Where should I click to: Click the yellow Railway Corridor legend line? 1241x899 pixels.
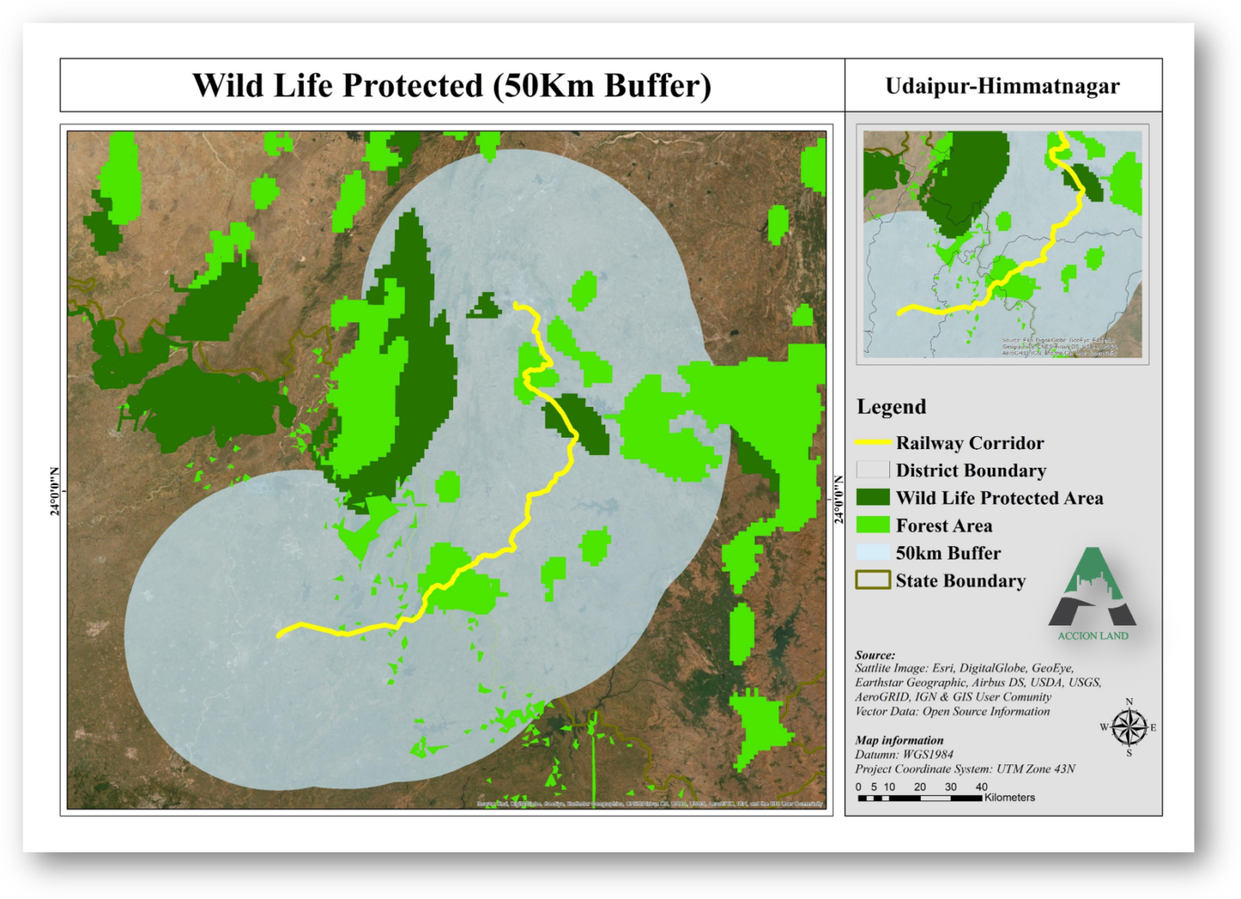pos(872,443)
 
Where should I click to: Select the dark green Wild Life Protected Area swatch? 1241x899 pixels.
pos(872,497)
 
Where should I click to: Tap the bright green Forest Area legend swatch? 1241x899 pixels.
pos(872,525)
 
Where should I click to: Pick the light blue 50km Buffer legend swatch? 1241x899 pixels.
pos(872,553)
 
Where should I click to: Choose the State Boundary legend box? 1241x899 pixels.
pos(872,581)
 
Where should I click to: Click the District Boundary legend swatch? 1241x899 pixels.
pos(872,470)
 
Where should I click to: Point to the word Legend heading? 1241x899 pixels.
pos(891,407)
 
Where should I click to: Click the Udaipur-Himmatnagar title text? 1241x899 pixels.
pos(1003,86)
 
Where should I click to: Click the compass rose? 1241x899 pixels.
pos(1128,727)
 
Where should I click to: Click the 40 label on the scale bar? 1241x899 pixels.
pos(981,787)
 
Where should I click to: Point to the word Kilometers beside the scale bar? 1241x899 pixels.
pos(1010,798)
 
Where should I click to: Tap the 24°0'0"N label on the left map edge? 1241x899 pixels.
pos(55,491)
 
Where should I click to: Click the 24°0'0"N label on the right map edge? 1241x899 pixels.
pos(839,500)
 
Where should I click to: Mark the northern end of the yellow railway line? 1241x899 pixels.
pos(517,306)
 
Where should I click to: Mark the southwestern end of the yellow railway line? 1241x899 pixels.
pos(279,634)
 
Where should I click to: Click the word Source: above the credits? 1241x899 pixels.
pos(874,655)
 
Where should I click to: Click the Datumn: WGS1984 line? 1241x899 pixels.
pos(904,754)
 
